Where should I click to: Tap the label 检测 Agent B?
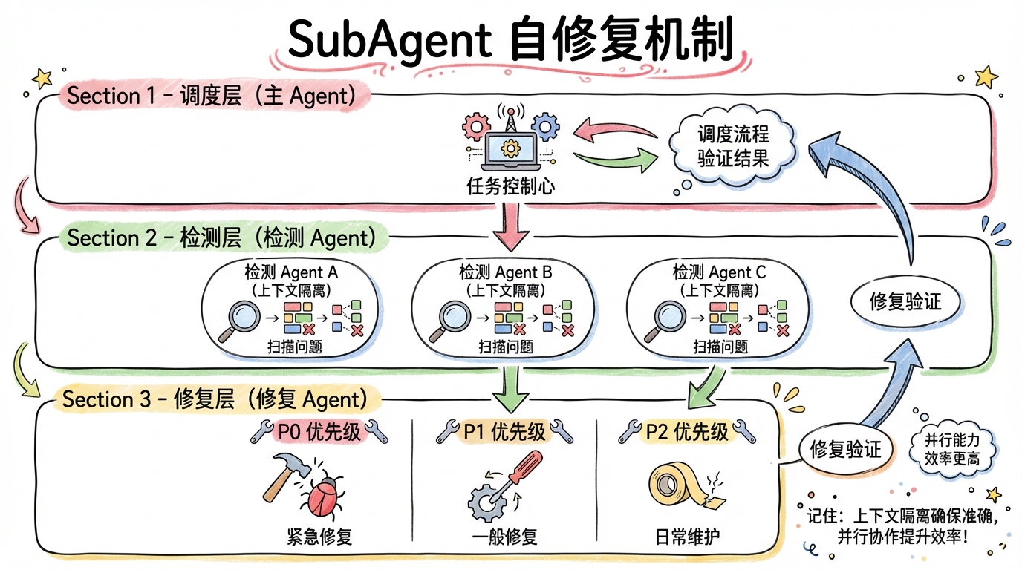point(505,272)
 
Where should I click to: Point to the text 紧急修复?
point(319,536)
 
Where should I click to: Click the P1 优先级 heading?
point(504,431)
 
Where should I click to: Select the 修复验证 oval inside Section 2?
point(905,301)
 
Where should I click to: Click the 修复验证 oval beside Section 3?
point(844,449)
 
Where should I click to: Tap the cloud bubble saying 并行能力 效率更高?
point(952,449)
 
